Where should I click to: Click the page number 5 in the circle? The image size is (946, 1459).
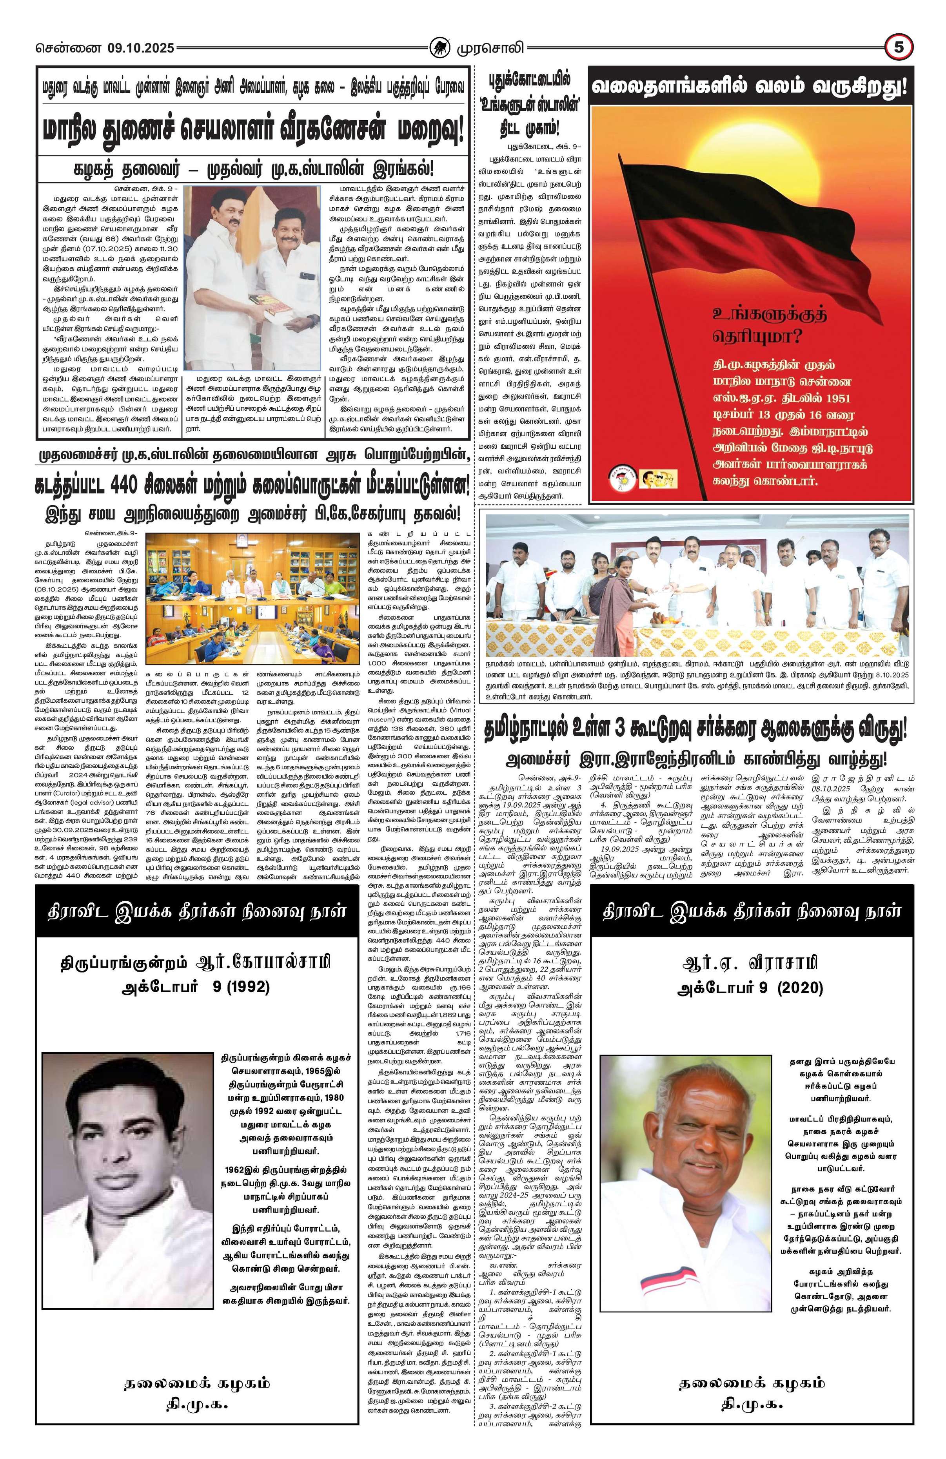[899, 47]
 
